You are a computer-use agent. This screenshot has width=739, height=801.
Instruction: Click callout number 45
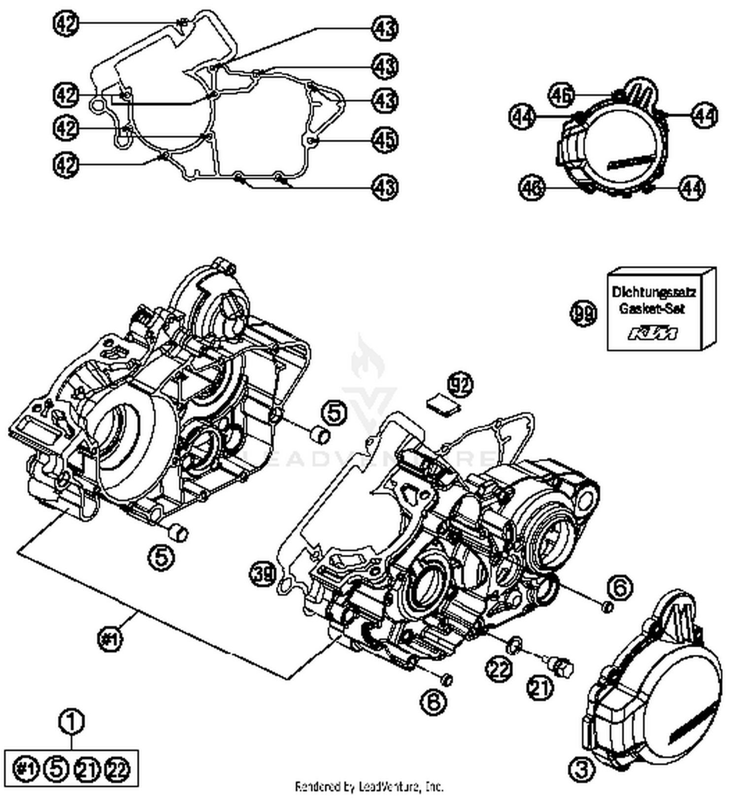click(385, 140)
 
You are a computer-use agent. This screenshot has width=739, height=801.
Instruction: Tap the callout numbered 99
click(583, 314)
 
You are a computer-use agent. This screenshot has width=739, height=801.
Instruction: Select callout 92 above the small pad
click(460, 385)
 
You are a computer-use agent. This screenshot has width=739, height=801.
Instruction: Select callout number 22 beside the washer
click(500, 669)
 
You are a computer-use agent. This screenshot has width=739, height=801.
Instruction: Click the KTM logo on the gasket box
click(653, 334)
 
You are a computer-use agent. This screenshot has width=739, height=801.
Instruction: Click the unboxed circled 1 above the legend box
click(71, 722)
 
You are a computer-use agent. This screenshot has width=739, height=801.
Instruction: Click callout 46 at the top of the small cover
click(561, 95)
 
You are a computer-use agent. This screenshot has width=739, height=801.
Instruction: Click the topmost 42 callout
click(66, 23)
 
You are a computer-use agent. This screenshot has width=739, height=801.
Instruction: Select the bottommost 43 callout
click(385, 188)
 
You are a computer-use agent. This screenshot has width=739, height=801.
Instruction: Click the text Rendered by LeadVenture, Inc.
click(369, 786)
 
